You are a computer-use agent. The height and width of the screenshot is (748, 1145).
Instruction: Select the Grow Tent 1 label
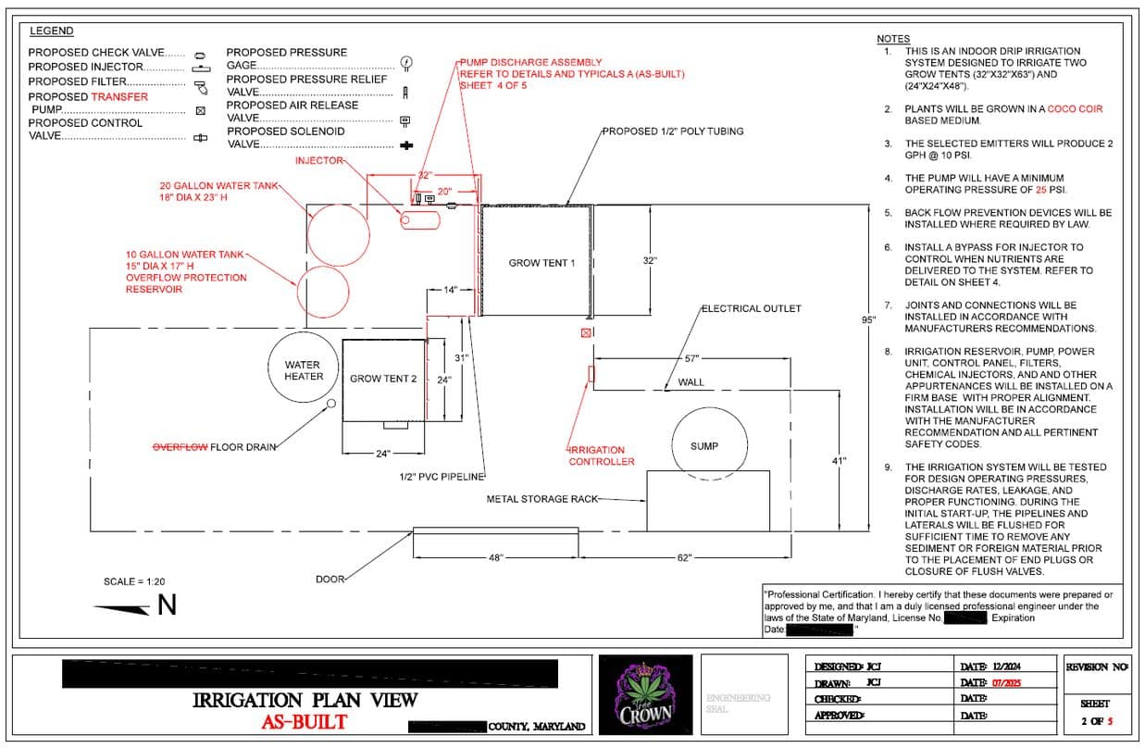(x=541, y=263)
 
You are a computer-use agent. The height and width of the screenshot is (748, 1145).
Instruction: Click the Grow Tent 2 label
(x=383, y=379)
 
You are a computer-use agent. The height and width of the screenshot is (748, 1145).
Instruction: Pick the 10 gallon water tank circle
(x=325, y=291)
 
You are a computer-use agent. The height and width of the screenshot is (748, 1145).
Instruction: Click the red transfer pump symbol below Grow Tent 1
(x=585, y=332)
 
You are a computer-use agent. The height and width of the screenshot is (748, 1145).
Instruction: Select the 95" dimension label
(x=867, y=320)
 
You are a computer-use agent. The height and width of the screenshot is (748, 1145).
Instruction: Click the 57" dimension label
(x=691, y=358)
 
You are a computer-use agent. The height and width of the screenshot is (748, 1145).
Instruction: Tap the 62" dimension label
(x=684, y=557)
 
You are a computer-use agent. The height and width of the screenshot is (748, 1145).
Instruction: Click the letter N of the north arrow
(x=167, y=605)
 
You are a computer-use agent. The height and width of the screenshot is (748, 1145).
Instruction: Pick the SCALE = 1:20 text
(x=133, y=581)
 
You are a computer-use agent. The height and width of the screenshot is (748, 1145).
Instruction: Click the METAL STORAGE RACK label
(x=541, y=499)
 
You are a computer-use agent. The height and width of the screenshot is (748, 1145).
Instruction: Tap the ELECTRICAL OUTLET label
(x=751, y=308)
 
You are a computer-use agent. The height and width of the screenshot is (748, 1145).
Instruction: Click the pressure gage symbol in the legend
(x=405, y=62)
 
